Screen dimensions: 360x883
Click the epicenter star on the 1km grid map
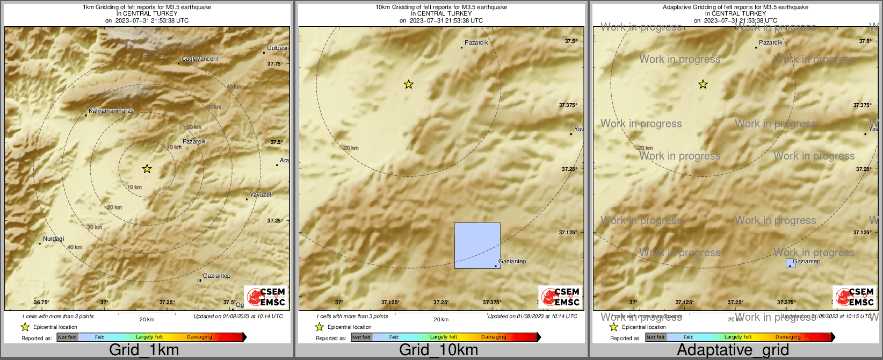click(147, 169)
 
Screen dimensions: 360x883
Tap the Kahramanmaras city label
click(111, 111)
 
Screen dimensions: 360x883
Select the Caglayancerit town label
click(200, 59)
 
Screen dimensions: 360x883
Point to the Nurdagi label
click(53, 239)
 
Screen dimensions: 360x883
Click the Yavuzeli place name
click(261, 195)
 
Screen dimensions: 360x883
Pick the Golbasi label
click(277, 48)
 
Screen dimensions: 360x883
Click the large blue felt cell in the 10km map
click(477, 246)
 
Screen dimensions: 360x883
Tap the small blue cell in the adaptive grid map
click(791, 263)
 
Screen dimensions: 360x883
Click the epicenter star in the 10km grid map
click(409, 84)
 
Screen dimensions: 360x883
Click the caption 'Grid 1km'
click(144, 350)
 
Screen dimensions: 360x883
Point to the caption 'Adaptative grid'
click(733, 350)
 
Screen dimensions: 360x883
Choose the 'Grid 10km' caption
click(438, 350)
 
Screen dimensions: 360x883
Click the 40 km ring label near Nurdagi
click(75, 247)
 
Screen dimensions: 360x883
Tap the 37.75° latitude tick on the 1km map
click(275, 64)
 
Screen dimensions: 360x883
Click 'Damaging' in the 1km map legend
click(199, 337)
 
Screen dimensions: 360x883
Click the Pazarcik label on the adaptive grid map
click(771, 42)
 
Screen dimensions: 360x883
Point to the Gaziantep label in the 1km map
click(217, 276)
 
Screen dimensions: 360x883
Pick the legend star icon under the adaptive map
click(613, 327)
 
